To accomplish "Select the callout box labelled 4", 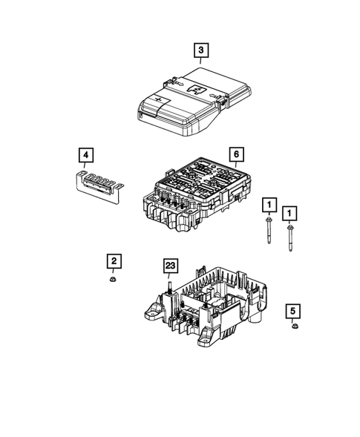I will [88, 155].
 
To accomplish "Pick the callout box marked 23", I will [170, 266].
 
